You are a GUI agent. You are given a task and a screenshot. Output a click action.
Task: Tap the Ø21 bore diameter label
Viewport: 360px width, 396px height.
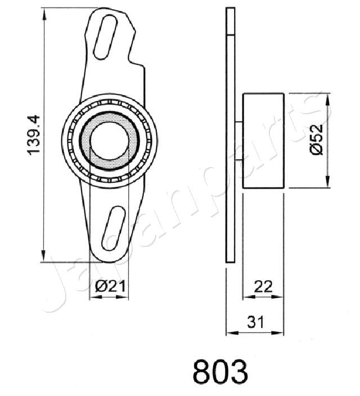[109, 286]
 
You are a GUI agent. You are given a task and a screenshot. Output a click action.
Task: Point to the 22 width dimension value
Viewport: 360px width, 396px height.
[263, 286]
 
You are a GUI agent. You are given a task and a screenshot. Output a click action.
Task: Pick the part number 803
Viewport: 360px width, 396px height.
[220, 372]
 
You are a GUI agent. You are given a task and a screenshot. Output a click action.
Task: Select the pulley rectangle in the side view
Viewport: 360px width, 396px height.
[263, 140]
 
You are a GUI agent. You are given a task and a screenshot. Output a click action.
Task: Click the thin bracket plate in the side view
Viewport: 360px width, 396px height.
[229, 135]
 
